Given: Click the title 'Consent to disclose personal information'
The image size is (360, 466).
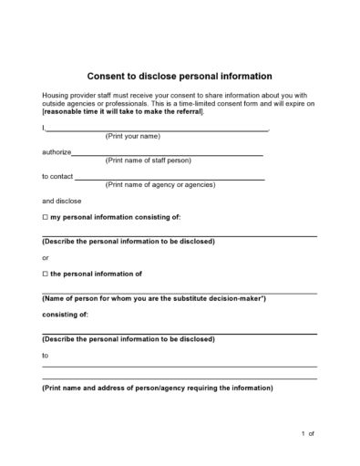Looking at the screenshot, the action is coord(179,76).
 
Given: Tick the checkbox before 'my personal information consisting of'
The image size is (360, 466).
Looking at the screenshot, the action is coord(45,218).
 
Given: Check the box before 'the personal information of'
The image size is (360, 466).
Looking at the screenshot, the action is coord(45,274).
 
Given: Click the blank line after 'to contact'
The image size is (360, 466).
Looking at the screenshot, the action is coord(170,179).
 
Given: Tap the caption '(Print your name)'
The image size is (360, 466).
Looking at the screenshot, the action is coord(133,136).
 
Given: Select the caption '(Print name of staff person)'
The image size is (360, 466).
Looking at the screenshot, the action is coord(149,161).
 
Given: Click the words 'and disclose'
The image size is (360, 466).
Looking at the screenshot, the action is coord(61,201).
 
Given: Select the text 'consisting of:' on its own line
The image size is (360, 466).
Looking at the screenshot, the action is coord(65,314).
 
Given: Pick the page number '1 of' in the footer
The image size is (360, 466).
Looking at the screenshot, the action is coord(307,434).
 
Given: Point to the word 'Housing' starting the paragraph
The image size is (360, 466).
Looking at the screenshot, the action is coord(55,95).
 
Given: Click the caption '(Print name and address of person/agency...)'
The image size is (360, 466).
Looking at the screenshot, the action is coord(157,388).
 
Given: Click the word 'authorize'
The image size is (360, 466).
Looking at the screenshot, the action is coord(56,153).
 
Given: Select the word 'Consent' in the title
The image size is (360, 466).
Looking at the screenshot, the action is coord(108,76).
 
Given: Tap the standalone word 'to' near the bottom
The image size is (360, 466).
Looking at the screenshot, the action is coord(46,355).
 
